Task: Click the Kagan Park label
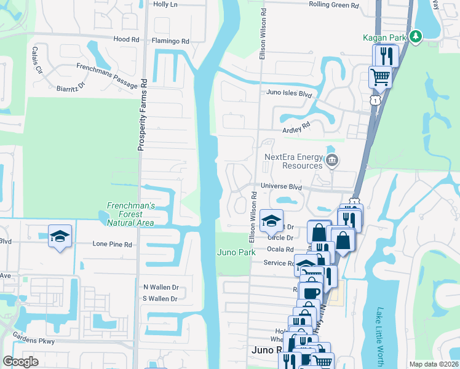[388, 38]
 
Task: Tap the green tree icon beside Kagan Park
[416, 37]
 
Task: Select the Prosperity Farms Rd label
[141, 114]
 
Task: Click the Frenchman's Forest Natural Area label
[130, 214]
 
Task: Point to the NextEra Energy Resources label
[293, 161]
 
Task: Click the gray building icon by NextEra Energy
[332, 161]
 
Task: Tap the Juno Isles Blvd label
[289, 93]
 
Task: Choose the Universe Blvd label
[281, 187]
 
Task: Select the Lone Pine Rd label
[112, 244]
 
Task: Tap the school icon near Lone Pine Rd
[60, 236]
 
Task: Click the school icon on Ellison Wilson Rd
[271, 221]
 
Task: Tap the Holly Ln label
[165, 4]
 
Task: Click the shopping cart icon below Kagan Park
[380, 77]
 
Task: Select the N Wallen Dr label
[161, 287]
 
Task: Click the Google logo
[20, 362]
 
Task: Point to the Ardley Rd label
[296, 130]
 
